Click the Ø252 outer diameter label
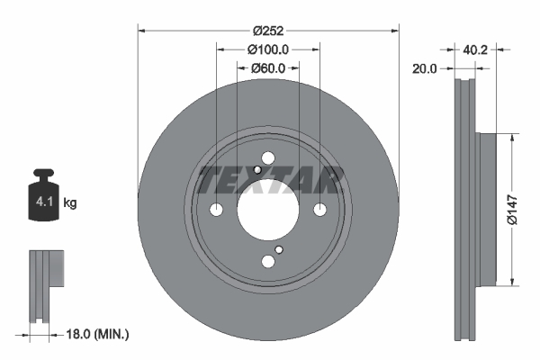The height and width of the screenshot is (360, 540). coord(268,30)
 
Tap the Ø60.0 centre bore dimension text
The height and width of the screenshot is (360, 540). coord(268,67)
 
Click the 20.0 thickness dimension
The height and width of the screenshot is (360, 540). coord(425,67)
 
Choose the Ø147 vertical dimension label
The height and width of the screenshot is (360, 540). coord(510,210)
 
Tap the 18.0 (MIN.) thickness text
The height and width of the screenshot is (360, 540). coord(100,335)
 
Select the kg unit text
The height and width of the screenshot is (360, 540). coord(70,203)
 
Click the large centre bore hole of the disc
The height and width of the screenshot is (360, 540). coord(267,210)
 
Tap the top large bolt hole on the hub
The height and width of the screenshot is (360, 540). coord(267,158)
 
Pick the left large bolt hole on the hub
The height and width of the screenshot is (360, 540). coord(216,210)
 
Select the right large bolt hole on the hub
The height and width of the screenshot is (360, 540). coord(319,210)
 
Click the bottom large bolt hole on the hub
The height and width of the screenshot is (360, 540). coord(267,262)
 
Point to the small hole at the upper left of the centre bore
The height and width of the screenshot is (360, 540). coord(257,170)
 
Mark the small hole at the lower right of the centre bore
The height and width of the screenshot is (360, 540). coord(279,250)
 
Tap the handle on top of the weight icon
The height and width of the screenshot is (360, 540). coord(43,174)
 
